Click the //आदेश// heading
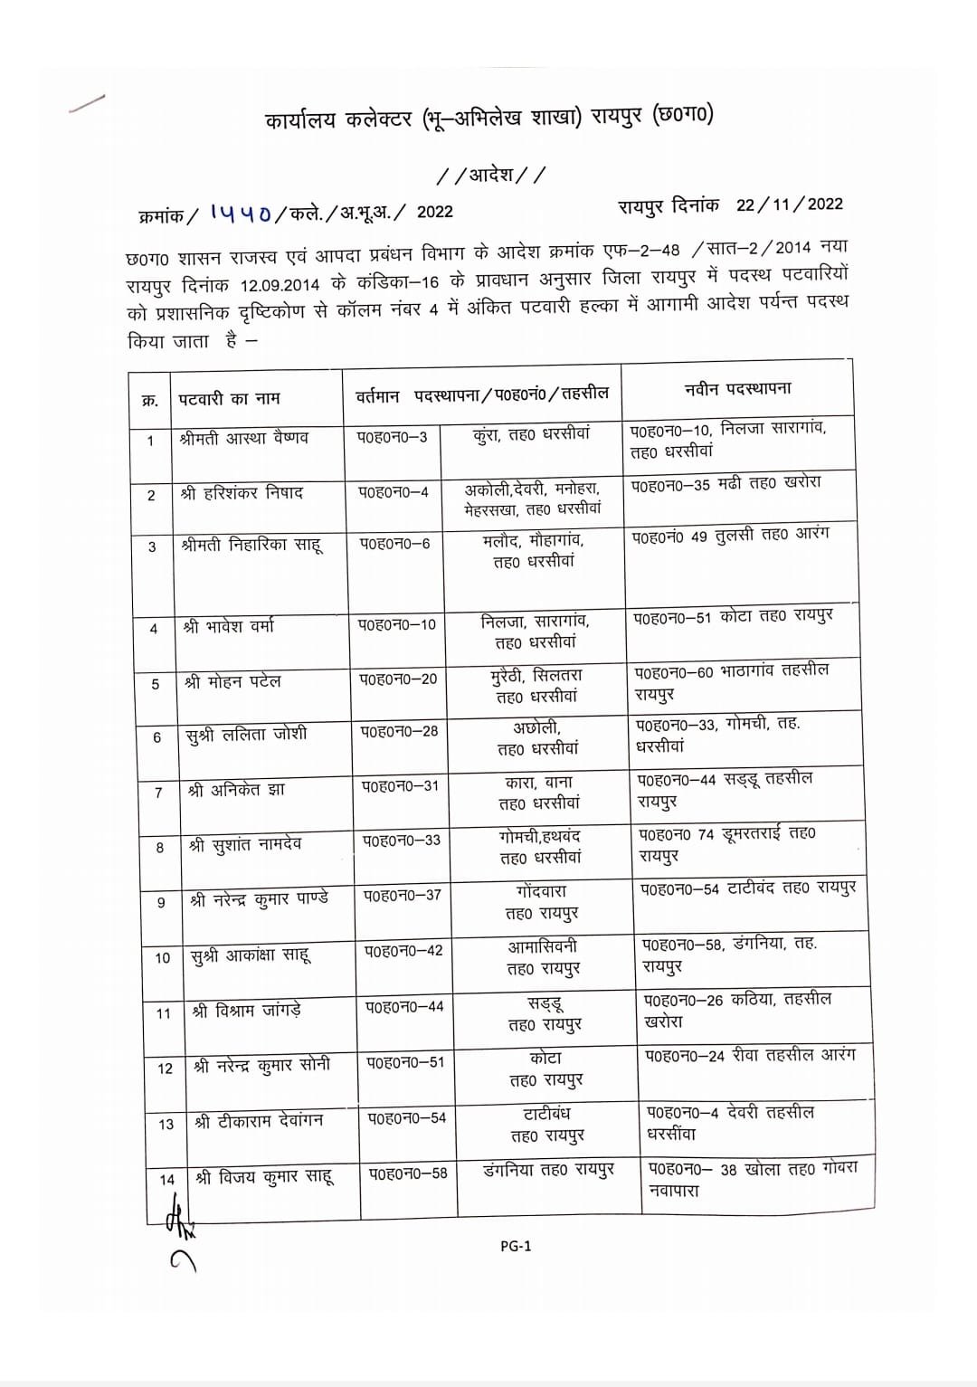(490, 175)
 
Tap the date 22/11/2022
(789, 204)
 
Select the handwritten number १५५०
(240, 212)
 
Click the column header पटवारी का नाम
(229, 398)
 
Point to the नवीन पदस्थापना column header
(737, 389)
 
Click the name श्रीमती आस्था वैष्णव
(244, 438)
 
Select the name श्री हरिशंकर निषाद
(242, 493)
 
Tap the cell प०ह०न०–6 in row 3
(394, 544)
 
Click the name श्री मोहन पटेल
(232, 681)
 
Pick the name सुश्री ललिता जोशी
(246, 735)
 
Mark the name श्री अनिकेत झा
(236, 790)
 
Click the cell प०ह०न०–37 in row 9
(403, 895)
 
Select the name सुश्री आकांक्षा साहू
(251, 955)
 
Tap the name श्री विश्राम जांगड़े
(247, 1011)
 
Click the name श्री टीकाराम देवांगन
(259, 1121)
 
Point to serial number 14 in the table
(166, 1179)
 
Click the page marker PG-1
(516, 1246)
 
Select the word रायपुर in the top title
(617, 118)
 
